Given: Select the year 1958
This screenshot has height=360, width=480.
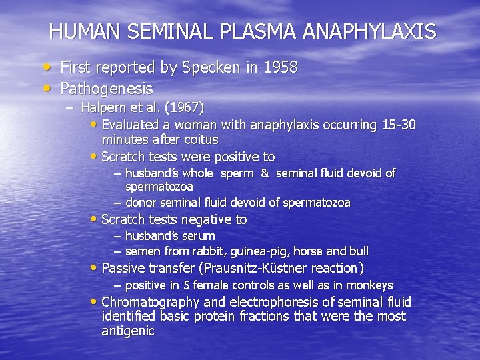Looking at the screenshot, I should [279, 67].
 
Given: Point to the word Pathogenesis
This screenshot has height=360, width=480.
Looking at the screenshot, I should [107, 88].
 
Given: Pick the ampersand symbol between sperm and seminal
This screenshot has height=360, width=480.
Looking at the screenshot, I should [265, 173].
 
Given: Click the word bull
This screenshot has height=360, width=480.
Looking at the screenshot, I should [357, 251].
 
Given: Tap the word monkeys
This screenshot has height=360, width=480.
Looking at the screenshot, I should [371, 285].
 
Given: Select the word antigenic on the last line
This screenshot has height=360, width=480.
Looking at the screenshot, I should [128, 331].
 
